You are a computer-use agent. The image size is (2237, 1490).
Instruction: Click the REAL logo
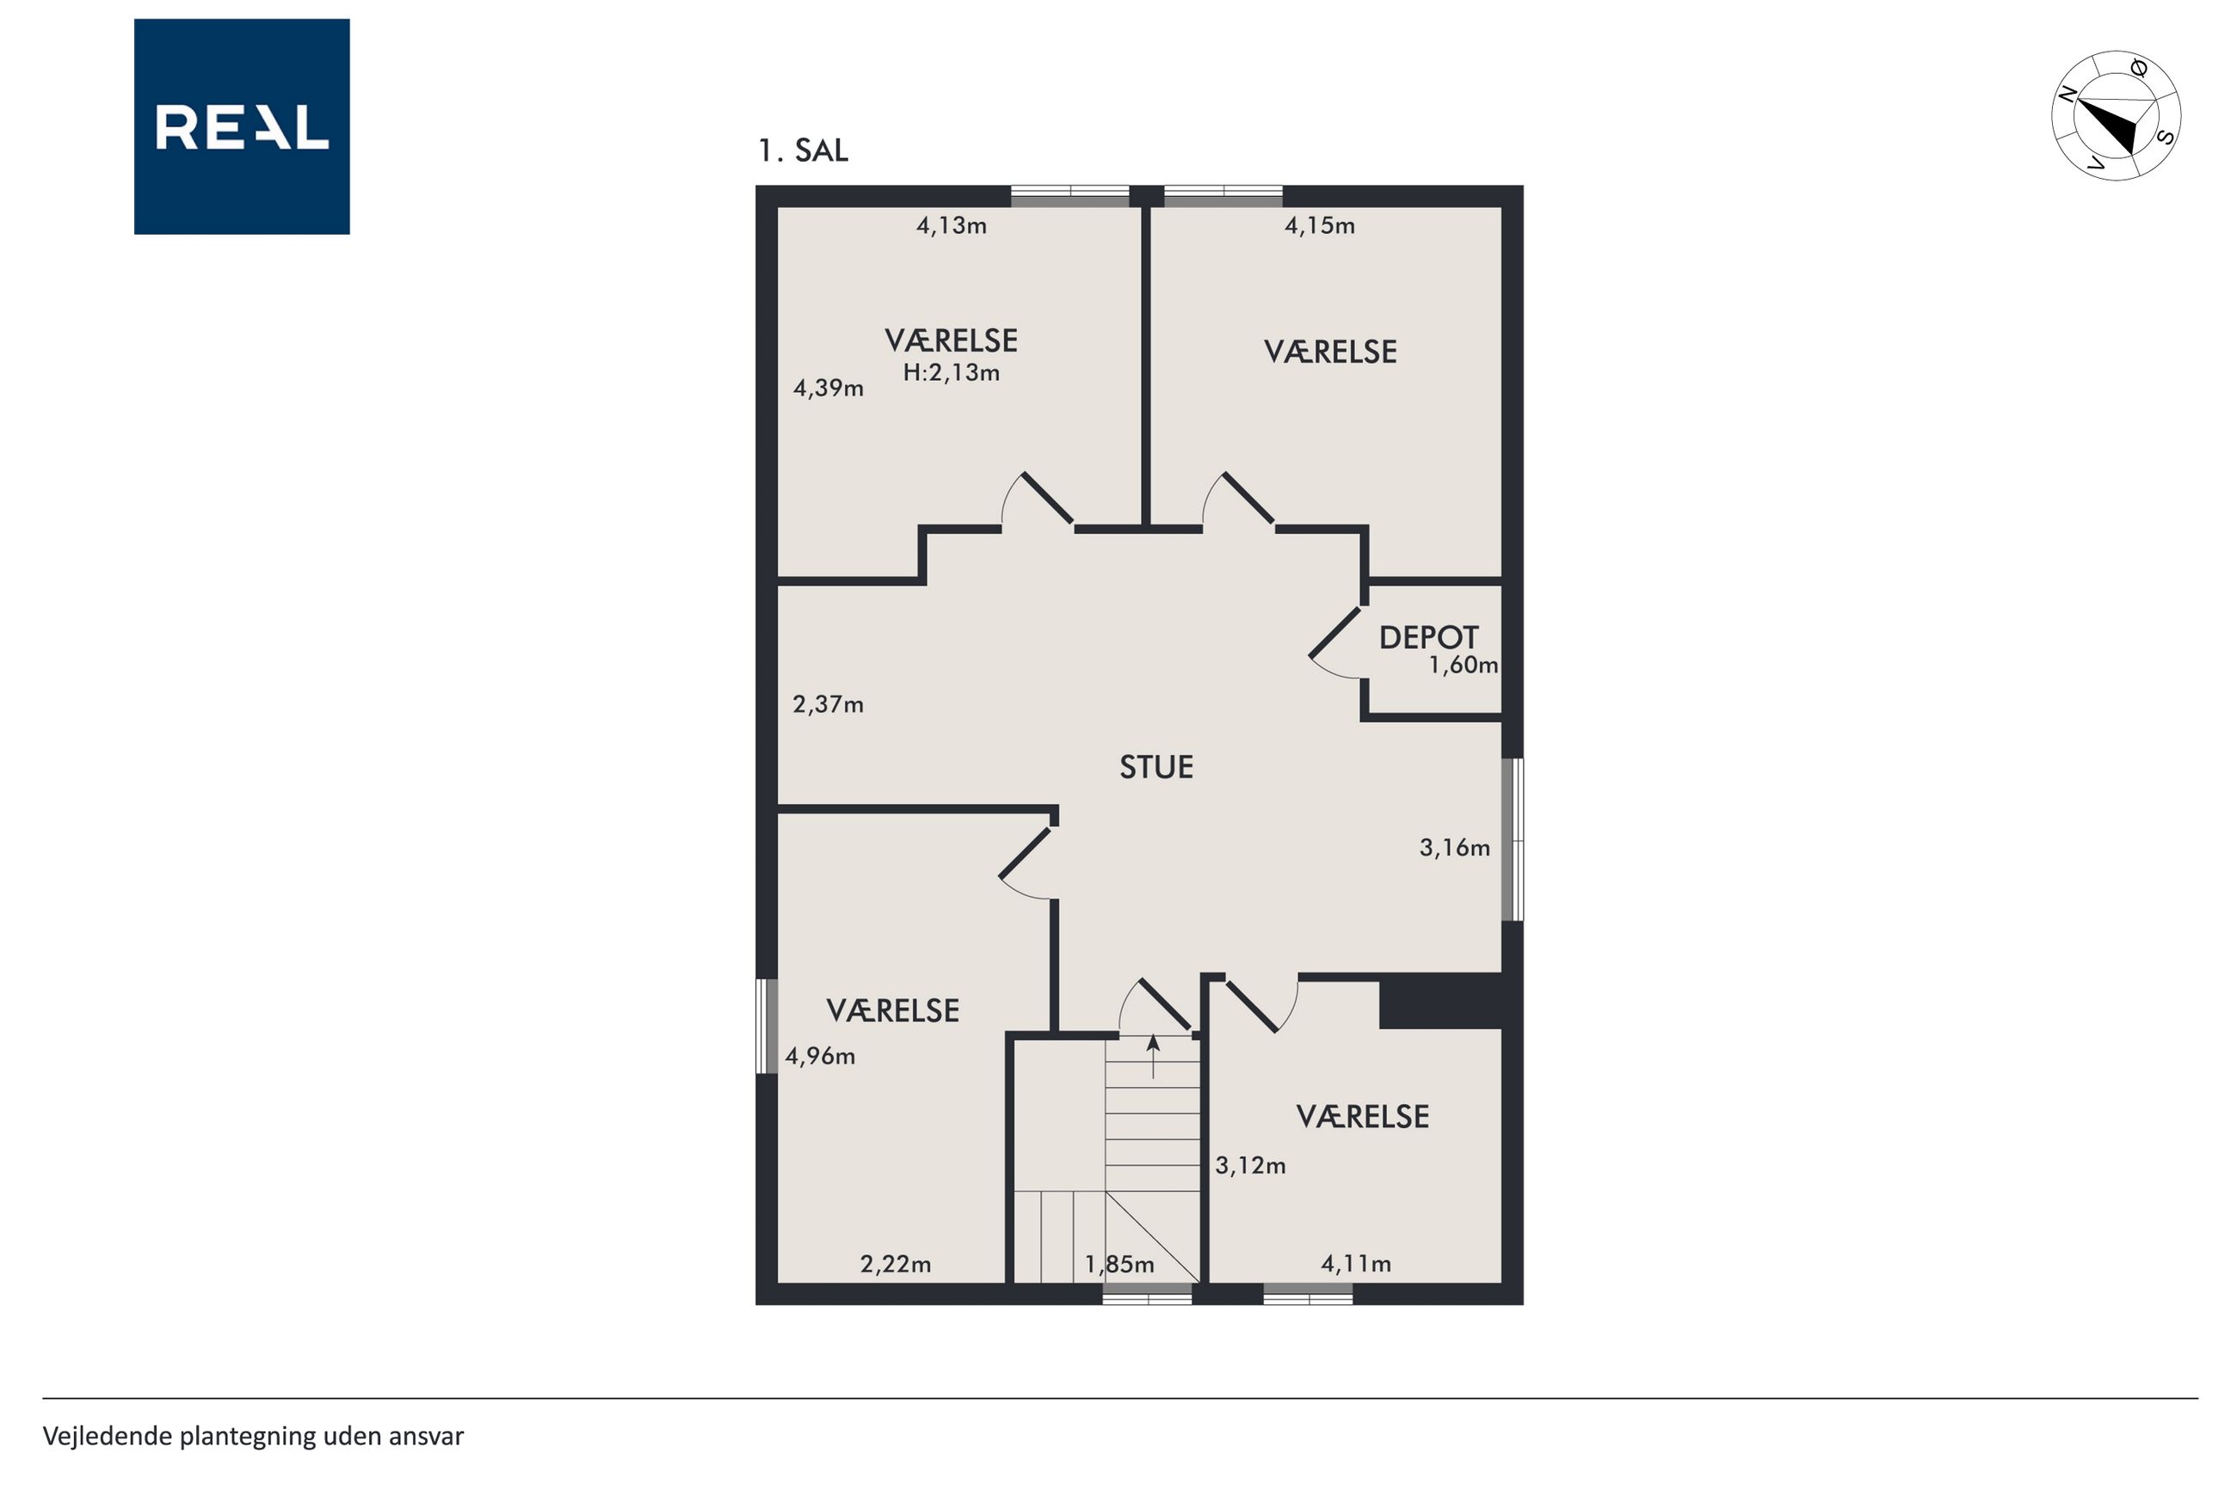click(242, 126)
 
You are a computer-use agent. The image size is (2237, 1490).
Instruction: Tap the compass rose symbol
click(2116, 115)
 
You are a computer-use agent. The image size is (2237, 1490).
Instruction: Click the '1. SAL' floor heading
click(803, 150)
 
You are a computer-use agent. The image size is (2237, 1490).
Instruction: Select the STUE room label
click(1156, 767)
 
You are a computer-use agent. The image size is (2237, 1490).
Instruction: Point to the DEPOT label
click(1428, 638)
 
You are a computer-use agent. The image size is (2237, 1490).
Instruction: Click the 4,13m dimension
click(951, 226)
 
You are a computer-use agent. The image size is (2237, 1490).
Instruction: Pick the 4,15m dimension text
click(1320, 226)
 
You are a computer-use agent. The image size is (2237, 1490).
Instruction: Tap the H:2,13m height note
click(951, 372)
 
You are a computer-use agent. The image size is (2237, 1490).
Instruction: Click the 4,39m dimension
click(828, 388)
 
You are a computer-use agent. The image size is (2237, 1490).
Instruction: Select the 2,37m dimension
click(828, 704)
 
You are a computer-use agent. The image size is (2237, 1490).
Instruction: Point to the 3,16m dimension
click(1455, 848)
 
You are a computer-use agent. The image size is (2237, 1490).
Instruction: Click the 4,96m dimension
click(819, 1056)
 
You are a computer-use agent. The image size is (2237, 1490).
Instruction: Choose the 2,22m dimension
click(896, 1264)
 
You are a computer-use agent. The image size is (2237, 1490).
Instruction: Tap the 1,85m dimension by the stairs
click(1119, 1264)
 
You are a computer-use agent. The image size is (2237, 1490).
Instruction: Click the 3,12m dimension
click(1250, 1165)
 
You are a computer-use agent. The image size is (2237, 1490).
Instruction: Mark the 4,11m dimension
click(1356, 1264)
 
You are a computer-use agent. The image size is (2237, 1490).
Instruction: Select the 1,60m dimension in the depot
click(1464, 665)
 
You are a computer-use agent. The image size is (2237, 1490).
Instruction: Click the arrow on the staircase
click(1153, 1057)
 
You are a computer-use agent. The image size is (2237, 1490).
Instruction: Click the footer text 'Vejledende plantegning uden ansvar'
click(253, 1436)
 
